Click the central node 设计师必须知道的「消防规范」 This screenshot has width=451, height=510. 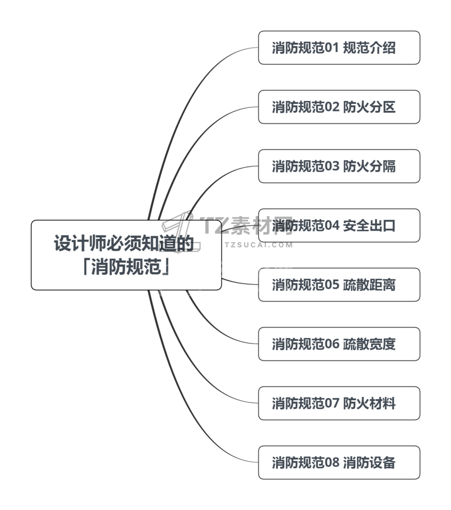(x=126, y=255)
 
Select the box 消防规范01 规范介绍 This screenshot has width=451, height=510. (x=339, y=48)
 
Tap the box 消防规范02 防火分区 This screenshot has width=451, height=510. (x=339, y=107)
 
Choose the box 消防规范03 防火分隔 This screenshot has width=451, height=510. (x=339, y=166)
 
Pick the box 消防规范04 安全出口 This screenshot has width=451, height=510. (x=339, y=225)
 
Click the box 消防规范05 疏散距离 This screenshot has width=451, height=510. (x=339, y=284)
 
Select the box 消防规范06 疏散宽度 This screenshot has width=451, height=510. (x=339, y=344)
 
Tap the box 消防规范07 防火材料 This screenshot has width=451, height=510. (x=339, y=403)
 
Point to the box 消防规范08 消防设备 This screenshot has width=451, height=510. (x=339, y=462)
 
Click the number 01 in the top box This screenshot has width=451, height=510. (x=332, y=48)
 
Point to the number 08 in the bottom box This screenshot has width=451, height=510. (x=332, y=462)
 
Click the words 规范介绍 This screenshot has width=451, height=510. (x=369, y=48)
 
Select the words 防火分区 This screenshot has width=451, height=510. (x=369, y=107)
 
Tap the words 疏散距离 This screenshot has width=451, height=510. (x=369, y=285)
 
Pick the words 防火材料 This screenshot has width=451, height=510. (x=369, y=403)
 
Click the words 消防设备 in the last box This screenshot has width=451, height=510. (x=369, y=462)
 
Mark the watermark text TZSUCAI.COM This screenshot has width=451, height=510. (x=259, y=245)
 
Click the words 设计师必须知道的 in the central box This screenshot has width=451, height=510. (x=123, y=244)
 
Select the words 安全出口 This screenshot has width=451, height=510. (x=369, y=226)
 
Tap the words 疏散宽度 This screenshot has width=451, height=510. (x=369, y=344)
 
